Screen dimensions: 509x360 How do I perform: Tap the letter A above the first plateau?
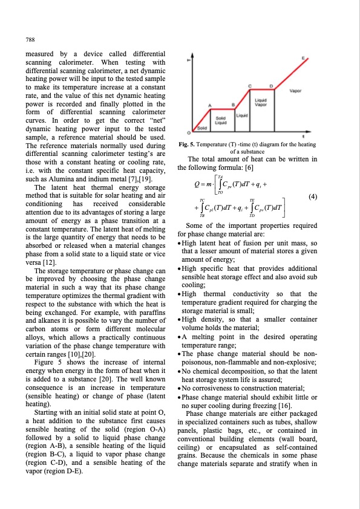coord(209,105)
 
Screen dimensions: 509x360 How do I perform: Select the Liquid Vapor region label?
coord(261,102)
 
